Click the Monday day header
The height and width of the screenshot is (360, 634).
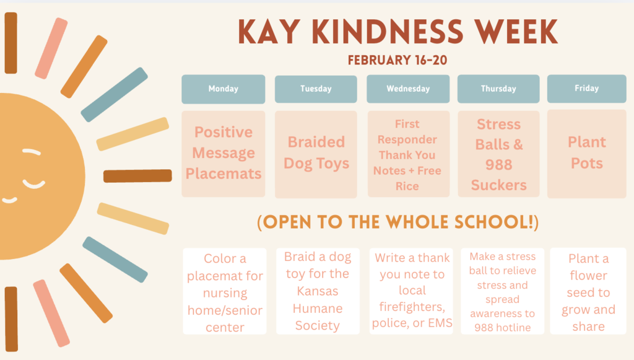click(x=223, y=89)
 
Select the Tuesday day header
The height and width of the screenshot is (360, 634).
click(x=316, y=89)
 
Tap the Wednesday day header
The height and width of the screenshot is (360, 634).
click(x=408, y=89)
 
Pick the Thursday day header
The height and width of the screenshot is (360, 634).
click(x=498, y=89)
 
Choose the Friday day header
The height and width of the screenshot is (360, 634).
click(x=586, y=88)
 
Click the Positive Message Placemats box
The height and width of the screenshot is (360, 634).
click(x=223, y=153)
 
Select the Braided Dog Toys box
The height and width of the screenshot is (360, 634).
click(x=316, y=153)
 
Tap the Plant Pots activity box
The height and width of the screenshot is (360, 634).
click(x=586, y=153)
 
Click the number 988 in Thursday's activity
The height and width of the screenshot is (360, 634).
click(x=498, y=164)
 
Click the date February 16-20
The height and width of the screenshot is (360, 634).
click(x=397, y=60)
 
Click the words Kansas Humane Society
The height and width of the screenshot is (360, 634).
click(x=317, y=308)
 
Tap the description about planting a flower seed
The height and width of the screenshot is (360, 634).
click(x=588, y=292)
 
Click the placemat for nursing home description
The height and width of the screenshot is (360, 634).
click(x=225, y=292)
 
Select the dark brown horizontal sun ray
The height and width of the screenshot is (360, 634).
click(x=137, y=175)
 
